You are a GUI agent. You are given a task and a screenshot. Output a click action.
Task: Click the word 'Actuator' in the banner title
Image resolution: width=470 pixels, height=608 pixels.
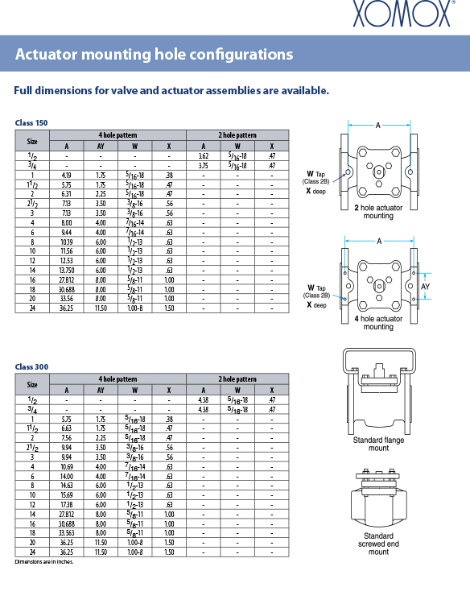point(47,54)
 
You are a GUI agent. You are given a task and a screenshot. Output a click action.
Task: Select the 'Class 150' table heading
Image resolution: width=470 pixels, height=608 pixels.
point(31,123)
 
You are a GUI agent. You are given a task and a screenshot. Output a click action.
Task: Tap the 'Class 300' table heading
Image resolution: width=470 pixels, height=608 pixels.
point(31,367)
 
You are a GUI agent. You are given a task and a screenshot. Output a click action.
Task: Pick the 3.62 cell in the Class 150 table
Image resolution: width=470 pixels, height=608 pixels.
point(204,156)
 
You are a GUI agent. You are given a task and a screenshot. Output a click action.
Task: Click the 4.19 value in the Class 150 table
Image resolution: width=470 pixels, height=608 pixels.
point(67,175)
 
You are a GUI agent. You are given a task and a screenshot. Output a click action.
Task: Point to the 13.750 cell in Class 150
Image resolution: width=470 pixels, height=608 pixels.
point(67,271)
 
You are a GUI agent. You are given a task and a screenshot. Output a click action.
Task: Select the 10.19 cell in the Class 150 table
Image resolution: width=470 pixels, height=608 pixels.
point(67,242)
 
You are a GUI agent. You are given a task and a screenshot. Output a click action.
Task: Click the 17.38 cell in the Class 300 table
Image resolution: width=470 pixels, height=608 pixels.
point(67,504)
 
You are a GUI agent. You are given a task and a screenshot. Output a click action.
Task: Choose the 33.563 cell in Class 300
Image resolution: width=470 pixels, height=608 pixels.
point(67,533)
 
